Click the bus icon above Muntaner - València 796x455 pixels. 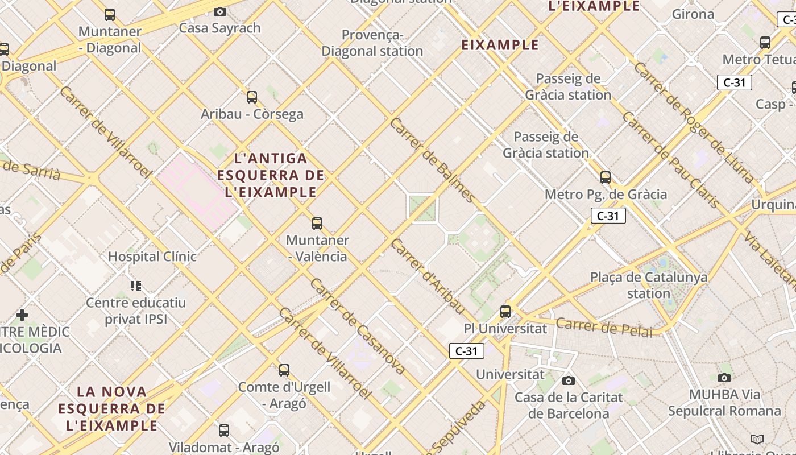[x=317, y=224]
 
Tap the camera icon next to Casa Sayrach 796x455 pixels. [x=220, y=11]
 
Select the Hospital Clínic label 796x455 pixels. [x=152, y=257]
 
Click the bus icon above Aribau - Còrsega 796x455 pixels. [x=252, y=97]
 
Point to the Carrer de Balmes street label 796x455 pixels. [x=433, y=160]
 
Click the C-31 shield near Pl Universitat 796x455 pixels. [x=467, y=351]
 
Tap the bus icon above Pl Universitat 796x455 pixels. [x=505, y=312]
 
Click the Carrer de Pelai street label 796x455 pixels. [x=604, y=328]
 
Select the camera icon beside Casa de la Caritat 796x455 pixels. [x=569, y=380]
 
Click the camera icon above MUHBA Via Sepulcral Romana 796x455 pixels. [x=724, y=378]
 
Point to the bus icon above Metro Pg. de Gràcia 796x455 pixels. [x=606, y=177]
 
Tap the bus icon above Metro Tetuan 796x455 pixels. [x=765, y=42]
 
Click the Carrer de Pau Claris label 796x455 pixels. [x=671, y=160]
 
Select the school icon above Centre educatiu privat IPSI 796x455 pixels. [x=135, y=286]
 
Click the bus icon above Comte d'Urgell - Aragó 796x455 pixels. [x=284, y=370]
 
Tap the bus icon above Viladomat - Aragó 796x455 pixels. [x=224, y=430]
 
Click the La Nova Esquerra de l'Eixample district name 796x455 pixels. [x=112, y=408]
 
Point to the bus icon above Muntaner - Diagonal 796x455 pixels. [x=110, y=15]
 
